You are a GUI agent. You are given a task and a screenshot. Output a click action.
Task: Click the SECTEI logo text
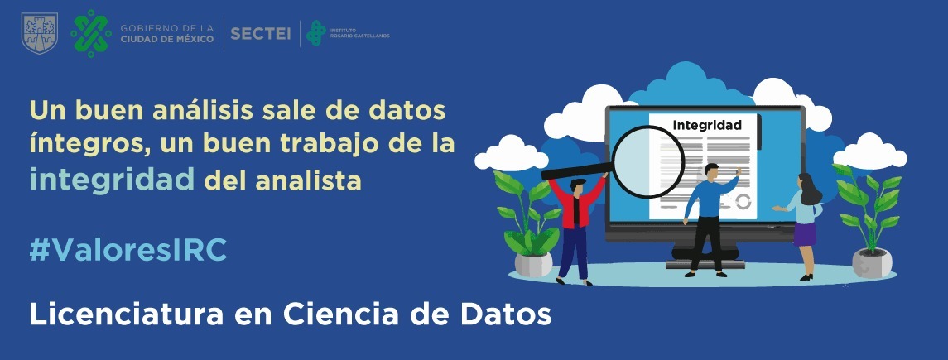(261, 34)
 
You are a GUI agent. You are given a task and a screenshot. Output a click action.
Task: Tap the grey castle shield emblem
(39, 34)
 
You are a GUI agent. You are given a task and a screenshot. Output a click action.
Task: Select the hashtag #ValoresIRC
(128, 249)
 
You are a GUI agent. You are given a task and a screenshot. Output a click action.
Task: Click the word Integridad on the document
(707, 126)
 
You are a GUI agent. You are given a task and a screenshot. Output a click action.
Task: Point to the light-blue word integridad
(112, 180)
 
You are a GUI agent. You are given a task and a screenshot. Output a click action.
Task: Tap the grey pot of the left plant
(533, 264)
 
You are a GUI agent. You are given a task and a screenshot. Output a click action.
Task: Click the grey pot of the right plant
(872, 263)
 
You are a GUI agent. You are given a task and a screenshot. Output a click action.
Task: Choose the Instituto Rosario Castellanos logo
(348, 33)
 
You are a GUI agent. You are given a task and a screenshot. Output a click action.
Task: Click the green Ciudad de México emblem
(91, 33)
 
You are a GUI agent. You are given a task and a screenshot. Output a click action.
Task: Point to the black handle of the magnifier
(577, 171)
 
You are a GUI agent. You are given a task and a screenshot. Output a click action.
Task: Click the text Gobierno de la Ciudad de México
(167, 34)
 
